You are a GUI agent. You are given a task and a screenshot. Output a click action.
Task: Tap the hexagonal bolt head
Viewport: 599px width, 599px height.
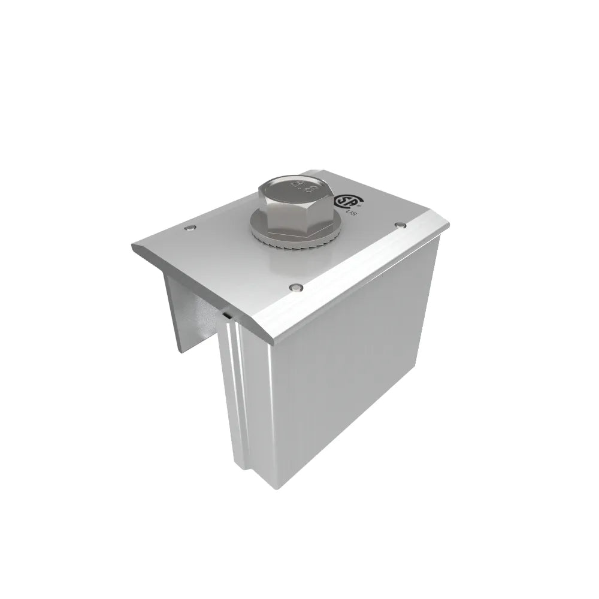tap(294, 204)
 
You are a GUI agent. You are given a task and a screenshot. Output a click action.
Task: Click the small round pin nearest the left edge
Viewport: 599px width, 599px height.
tap(189, 228)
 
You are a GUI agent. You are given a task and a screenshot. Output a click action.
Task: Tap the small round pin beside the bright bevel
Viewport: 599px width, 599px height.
tap(294, 288)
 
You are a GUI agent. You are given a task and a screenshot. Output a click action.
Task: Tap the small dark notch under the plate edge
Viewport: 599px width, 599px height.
tap(227, 313)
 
